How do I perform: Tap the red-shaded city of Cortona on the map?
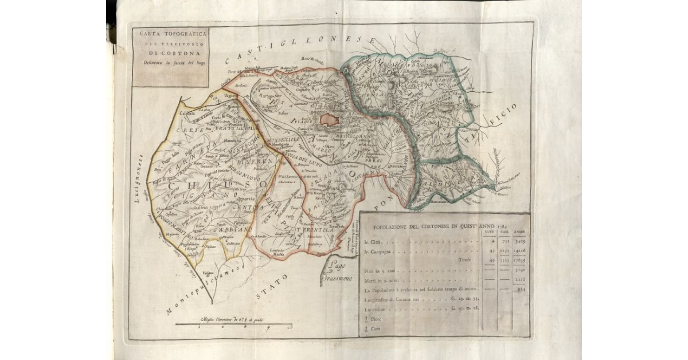(x=329, y=119)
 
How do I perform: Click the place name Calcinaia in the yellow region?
(x=187, y=114)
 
